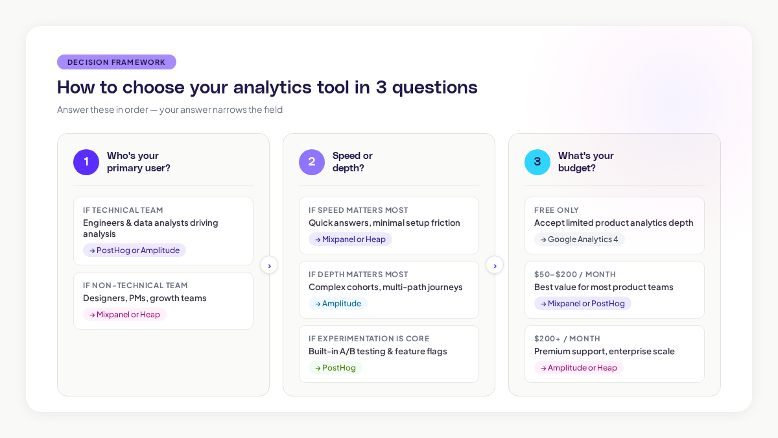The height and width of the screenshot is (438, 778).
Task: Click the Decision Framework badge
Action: coord(117,62)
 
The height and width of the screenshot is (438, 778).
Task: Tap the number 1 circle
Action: coord(86,162)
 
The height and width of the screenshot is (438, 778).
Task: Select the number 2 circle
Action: coord(312,162)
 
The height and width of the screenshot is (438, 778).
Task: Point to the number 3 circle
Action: coord(537,162)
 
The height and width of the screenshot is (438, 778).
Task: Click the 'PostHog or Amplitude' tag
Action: coord(134,250)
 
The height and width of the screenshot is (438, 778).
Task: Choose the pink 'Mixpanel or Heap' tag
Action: coord(124,315)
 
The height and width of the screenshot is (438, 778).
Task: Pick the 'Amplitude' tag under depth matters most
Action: coord(338,304)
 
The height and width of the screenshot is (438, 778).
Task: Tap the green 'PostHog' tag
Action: coord(335,368)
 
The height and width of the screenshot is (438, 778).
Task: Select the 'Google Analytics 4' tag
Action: coord(580,239)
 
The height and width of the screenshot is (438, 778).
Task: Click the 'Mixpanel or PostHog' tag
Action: coord(583,304)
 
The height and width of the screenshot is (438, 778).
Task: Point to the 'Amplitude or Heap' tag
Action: coord(579,368)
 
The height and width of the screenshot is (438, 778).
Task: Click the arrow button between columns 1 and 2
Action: coord(269,265)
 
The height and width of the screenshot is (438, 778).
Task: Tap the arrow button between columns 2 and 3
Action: coord(495,265)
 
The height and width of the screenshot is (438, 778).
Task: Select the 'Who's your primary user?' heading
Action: coord(139,162)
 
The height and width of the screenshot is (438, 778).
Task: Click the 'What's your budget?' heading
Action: coord(585,162)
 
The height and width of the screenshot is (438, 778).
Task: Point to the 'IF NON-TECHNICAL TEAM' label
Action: coord(135,286)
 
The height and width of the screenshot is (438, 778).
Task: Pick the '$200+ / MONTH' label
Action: coord(567,339)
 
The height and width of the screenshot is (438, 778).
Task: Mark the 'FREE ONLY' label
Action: coord(556,210)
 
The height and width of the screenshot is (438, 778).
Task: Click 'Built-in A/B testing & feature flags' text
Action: coord(378,351)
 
